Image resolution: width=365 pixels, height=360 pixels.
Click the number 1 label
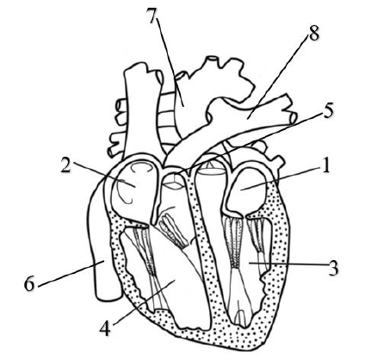tap(325, 166)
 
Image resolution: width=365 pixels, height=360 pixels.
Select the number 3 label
tap(333, 268)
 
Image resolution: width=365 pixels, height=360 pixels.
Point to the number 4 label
tap(105, 328)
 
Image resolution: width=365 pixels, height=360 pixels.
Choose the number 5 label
tap(328, 110)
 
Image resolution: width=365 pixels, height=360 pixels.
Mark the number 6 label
tap(29, 283)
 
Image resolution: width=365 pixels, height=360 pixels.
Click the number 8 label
tap(313, 33)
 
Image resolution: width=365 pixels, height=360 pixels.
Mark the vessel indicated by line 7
tap(183, 106)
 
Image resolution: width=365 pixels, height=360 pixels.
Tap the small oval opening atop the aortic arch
tap(213, 59)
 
